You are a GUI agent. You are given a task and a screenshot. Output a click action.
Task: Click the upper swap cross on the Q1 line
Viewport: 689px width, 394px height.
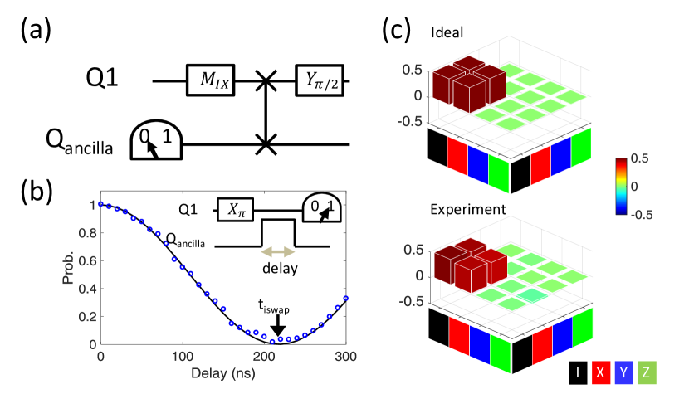pos(266,81)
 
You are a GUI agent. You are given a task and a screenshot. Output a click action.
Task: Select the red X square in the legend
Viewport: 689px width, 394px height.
pos(603,374)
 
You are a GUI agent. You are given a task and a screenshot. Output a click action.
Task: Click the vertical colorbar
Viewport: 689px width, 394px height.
pos(623,186)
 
